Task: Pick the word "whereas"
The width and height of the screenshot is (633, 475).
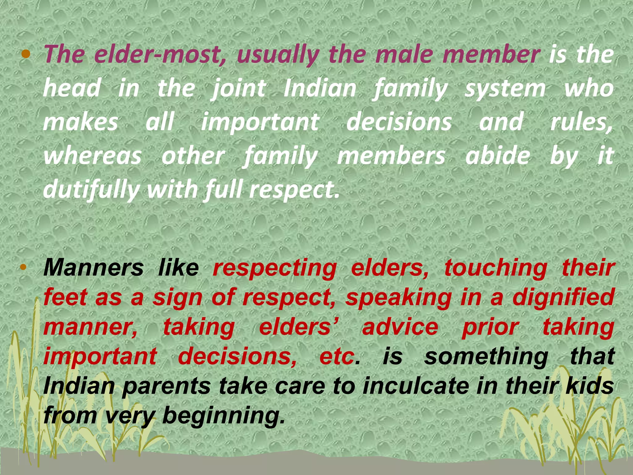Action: (x=92, y=156)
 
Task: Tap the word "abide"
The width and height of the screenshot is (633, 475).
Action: (x=498, y=156)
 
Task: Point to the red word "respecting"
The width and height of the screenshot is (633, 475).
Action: (x=274, y=268)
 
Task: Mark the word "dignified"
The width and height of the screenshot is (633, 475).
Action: (x=563, y=297)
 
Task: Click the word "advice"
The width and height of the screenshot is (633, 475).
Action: (x=400, y=327)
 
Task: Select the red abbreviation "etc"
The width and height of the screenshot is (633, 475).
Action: (x=337, y=356)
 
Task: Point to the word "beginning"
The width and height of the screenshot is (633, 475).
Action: (x=223, y=416)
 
